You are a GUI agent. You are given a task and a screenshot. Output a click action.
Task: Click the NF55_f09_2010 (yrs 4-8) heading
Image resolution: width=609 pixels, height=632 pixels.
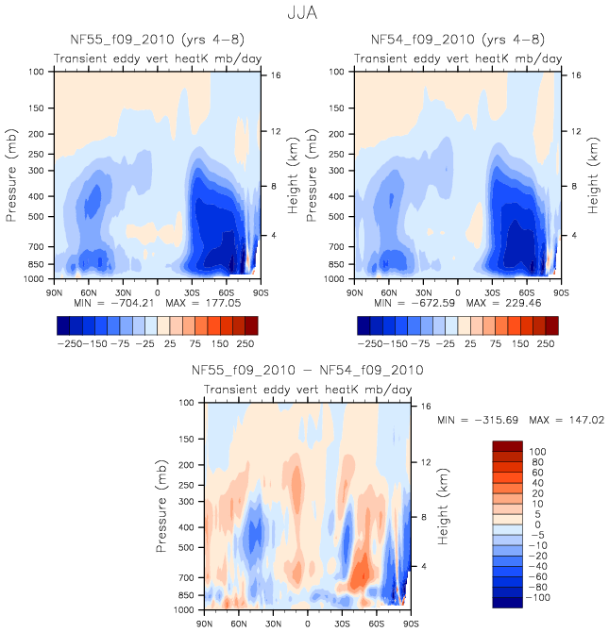click(x=156, y=40)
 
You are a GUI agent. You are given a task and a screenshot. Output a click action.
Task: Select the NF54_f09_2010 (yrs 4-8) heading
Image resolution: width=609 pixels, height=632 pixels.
click(x=457, y=40)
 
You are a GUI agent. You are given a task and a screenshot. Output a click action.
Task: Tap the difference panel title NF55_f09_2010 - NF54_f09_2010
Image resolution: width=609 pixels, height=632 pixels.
click(x=307, y=370)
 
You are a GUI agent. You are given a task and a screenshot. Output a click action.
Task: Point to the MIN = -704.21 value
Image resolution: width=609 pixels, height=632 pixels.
click(x=116, y=304)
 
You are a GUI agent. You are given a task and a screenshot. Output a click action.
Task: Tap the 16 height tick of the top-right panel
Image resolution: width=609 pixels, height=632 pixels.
click(x=575, y=75)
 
